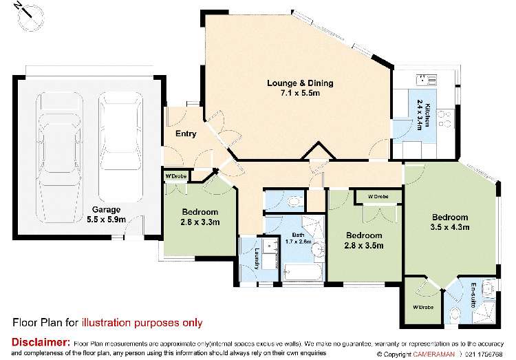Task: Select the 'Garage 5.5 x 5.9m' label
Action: coord(107,214)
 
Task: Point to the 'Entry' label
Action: coord(186,134)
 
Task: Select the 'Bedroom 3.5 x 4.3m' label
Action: coord(449,222)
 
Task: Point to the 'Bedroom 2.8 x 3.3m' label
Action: coord(200,217)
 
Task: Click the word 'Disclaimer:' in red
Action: coord(41,342)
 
